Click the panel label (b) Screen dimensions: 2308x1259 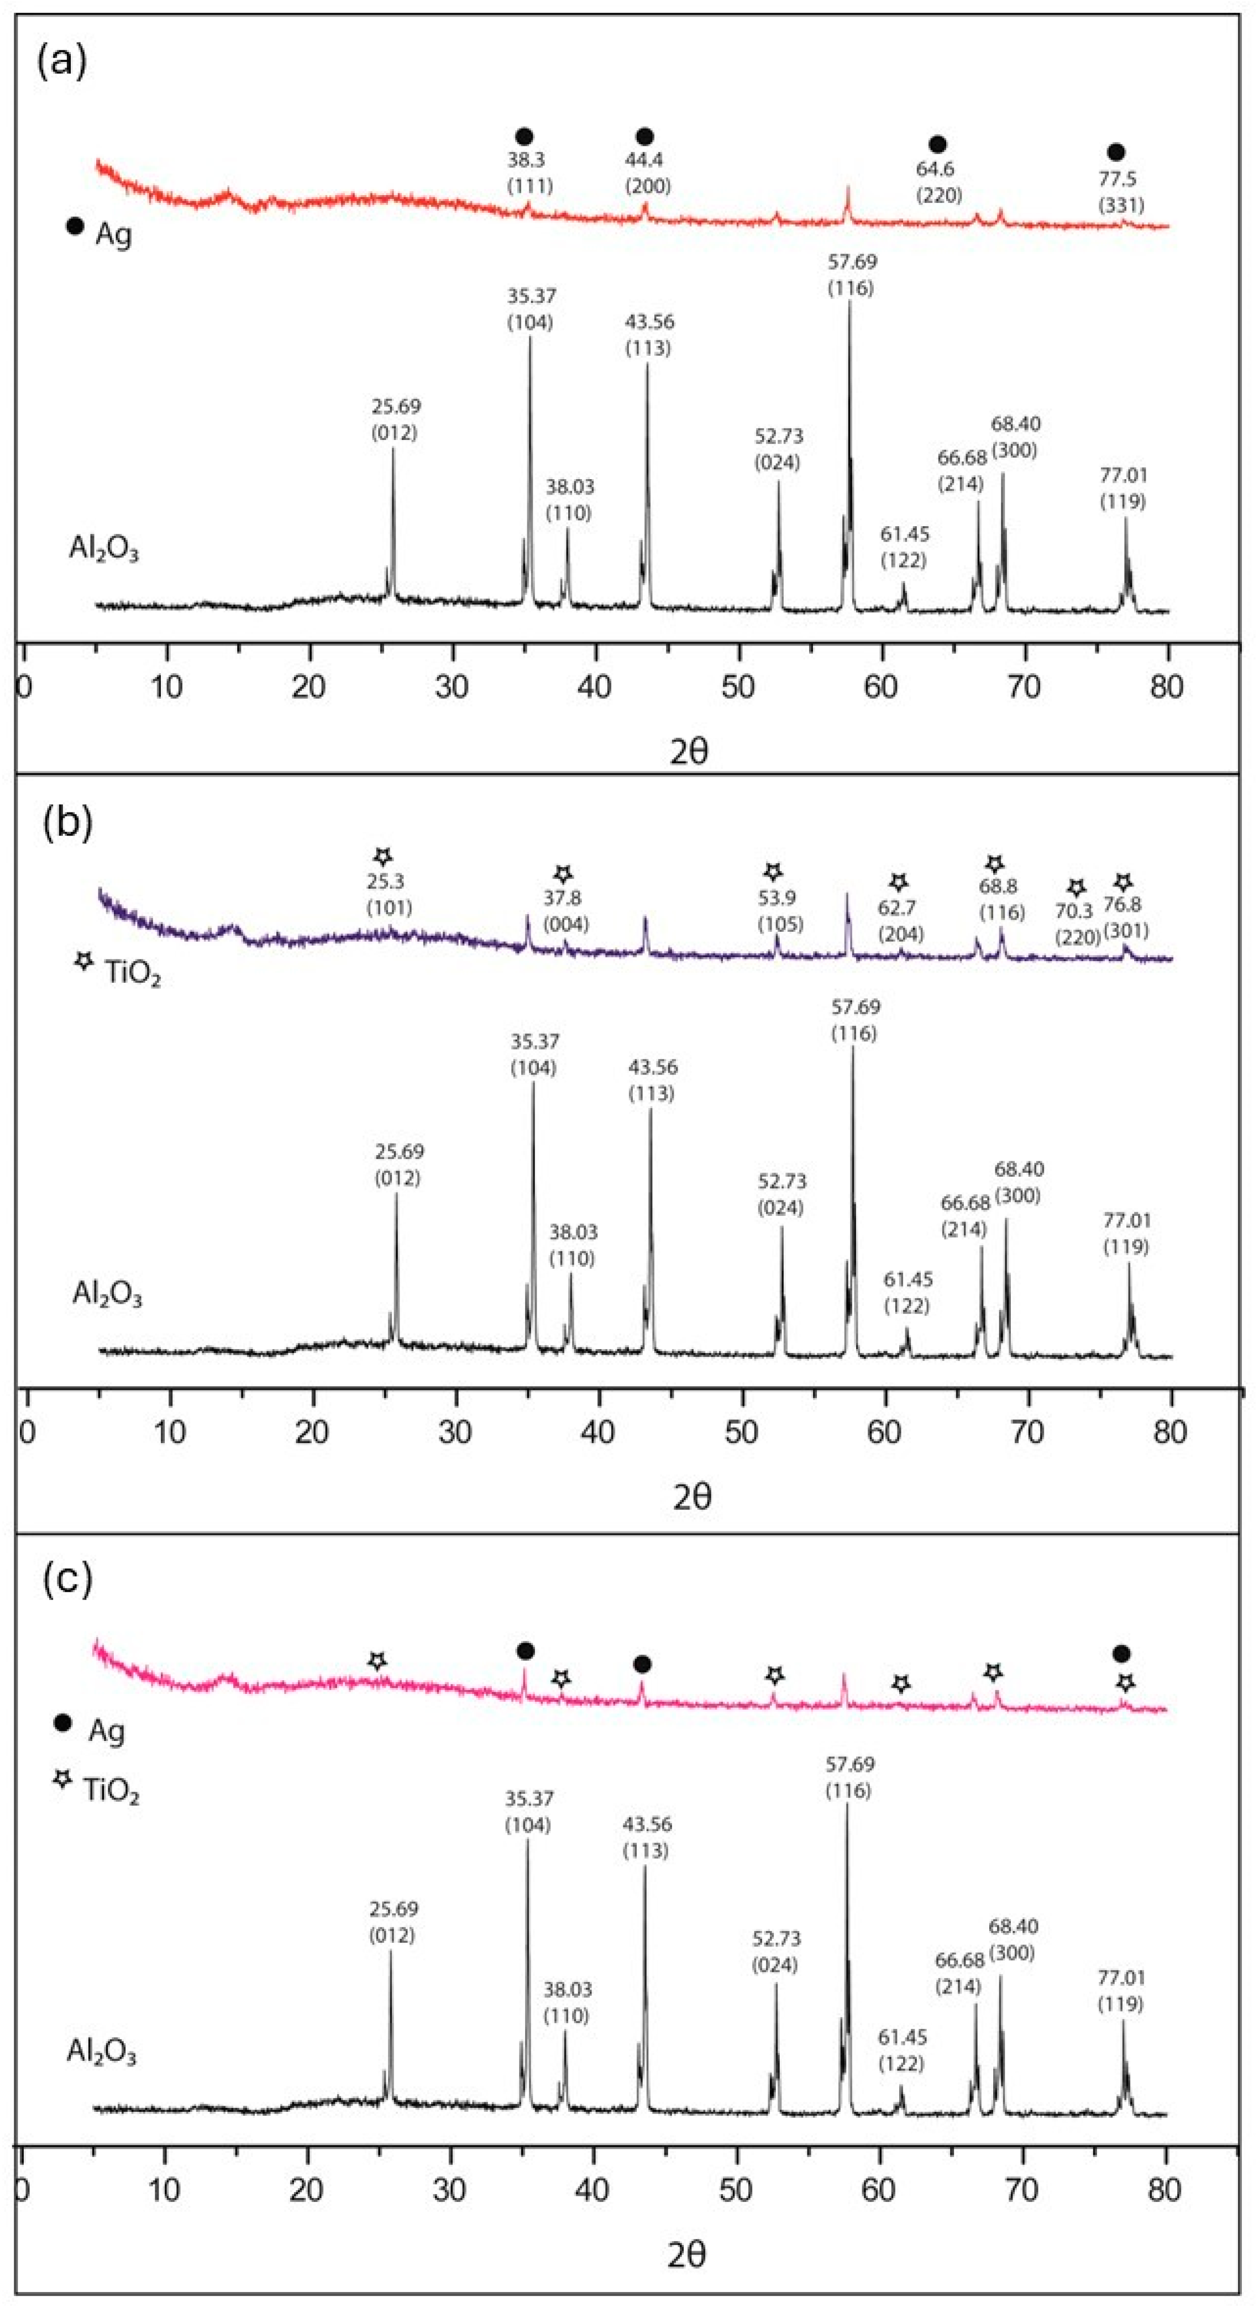(67, 822)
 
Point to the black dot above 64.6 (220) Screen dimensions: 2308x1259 (937, 144)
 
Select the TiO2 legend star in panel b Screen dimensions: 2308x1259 (84, 961)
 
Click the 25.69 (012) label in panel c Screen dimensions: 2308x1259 (392, 1921)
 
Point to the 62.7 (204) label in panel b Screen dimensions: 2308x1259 (900, 920)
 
